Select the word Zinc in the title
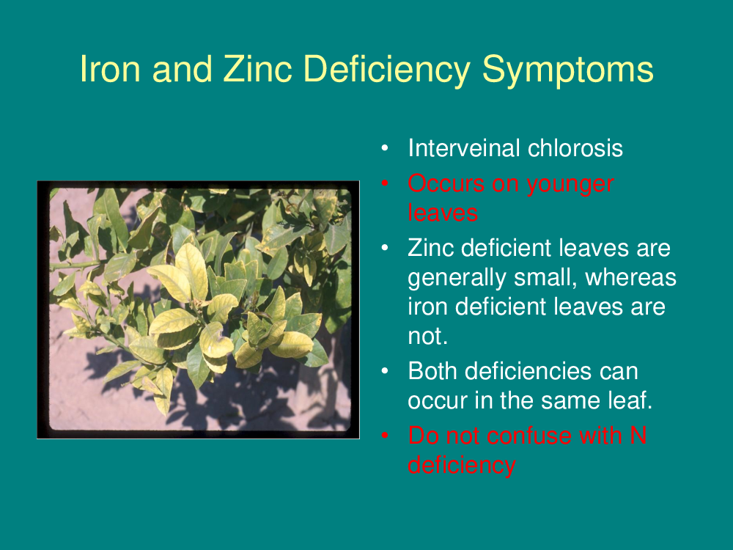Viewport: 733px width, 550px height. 257,69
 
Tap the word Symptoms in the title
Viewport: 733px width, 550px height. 567,70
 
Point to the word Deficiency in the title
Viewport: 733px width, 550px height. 387,70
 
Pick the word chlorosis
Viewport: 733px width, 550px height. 575,148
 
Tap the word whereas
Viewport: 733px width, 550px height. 630,277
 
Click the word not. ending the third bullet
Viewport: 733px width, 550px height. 428,337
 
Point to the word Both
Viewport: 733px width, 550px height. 433,371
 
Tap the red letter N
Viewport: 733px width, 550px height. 638,436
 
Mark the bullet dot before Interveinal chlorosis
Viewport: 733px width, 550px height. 385,148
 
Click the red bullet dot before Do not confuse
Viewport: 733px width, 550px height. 385,436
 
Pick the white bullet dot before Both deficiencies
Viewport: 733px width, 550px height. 385,371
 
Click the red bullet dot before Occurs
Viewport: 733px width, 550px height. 385,183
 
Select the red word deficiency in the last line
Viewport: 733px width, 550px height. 462,466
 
